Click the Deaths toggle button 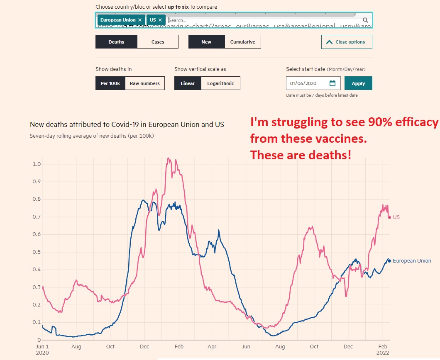pos(116,42)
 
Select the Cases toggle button pos(158,42)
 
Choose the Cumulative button pos(242,42)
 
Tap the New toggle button pos(206,42)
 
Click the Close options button pos(347,42)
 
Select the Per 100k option pos(110,83)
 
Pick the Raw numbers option pos(144,83)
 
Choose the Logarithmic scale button pos(220,83)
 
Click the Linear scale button pos(188,83)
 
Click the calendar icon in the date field pos(332,83)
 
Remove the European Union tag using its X pos(140,20)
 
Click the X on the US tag pos(160,20)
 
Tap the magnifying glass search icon pos(365,20)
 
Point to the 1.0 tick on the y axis pos(37,164)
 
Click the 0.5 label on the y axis pos(37,252)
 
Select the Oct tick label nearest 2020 pos(110,347)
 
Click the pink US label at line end pos(396,217)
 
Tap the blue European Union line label pos(412,261)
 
